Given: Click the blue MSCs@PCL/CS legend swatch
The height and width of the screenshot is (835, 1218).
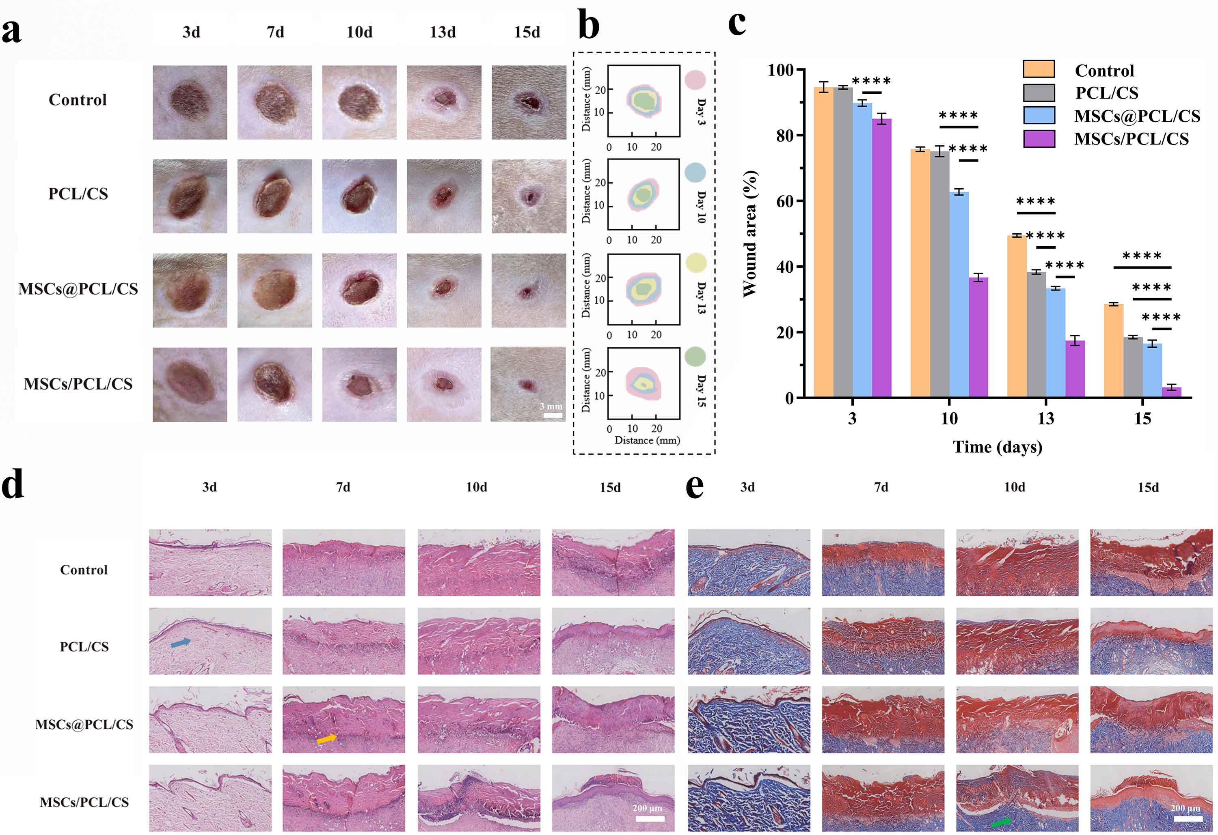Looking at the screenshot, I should pos(1039,115).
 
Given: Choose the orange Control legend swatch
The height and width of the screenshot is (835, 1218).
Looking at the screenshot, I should pos(1039,69).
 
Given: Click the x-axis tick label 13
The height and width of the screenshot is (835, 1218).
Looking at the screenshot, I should pos(1045,419).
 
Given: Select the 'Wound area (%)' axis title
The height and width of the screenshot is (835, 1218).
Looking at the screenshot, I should pos(751,234).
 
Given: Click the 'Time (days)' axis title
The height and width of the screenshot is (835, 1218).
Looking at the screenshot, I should pos(998,447).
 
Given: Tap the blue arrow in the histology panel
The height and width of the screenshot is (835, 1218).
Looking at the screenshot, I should pos(181,642).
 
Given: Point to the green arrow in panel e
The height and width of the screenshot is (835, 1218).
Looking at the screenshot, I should pos(1002,822).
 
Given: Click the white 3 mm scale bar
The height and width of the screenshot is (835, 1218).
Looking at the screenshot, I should pos(553,415).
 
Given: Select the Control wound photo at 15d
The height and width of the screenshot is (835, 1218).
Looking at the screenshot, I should pos(529,102).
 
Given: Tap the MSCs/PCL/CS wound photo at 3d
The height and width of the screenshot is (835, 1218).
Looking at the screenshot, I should pos(190,385).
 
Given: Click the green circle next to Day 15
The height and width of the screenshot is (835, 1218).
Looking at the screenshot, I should pos(695,357).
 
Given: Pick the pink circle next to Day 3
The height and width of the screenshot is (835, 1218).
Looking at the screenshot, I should pos(695,80).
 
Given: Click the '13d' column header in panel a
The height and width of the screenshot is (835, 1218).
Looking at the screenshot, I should pos(443,32).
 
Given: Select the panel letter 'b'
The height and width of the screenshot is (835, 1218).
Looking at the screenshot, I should pos(589,26).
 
